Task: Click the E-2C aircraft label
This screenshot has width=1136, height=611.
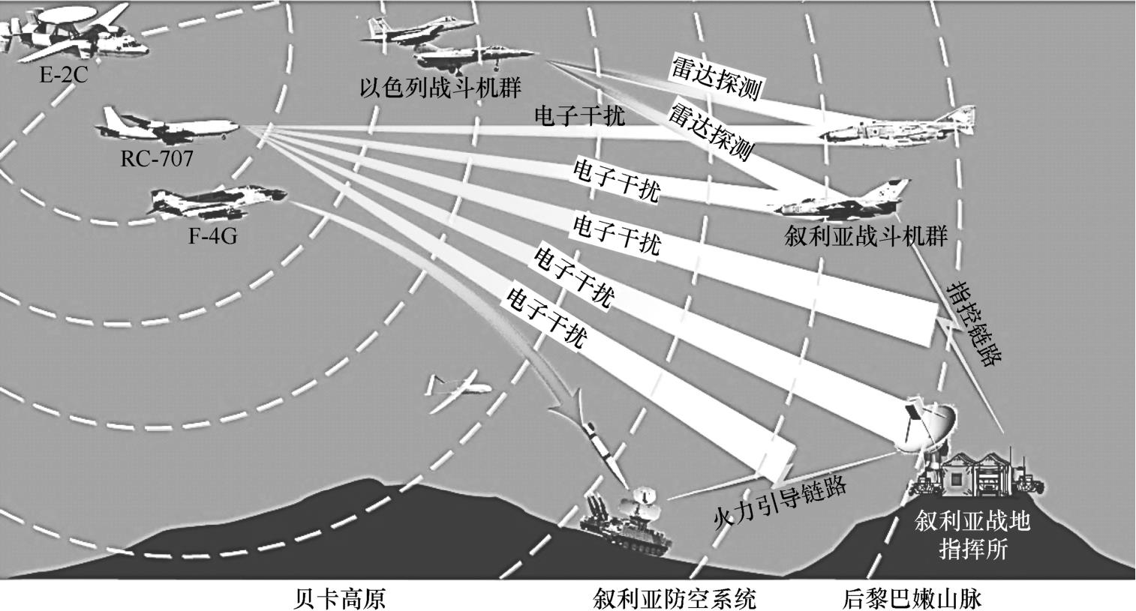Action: (64, 75)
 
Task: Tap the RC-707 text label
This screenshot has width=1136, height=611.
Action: (156, 158)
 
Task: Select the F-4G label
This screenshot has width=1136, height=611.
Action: (212, 236)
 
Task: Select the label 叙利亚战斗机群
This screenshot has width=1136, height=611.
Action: (865, 237)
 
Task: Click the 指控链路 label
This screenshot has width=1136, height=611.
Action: (973, 322)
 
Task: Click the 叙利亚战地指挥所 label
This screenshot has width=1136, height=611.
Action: (972, 535)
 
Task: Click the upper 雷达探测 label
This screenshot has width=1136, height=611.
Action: (715, 77)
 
